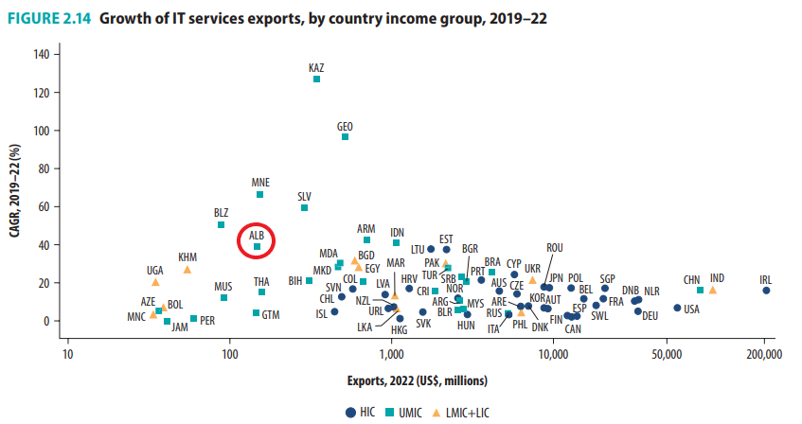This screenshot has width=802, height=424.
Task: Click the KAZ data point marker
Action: point(316,79)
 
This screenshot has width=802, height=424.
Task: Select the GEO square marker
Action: point(345,137)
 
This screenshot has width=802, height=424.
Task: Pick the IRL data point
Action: point(766,291)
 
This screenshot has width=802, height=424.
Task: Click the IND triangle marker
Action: point(712,290)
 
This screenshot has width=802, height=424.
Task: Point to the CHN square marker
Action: point(700,290)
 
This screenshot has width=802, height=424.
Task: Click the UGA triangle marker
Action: point(155,282)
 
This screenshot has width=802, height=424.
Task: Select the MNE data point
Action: point(260,194)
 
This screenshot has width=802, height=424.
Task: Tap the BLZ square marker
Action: point(221,224)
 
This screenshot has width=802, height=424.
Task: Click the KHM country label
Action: point(187,257)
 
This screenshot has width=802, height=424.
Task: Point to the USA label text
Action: point(691,309)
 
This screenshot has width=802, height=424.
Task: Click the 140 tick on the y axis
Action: point(41,53)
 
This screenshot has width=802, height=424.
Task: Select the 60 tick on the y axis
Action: point(43,206)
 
